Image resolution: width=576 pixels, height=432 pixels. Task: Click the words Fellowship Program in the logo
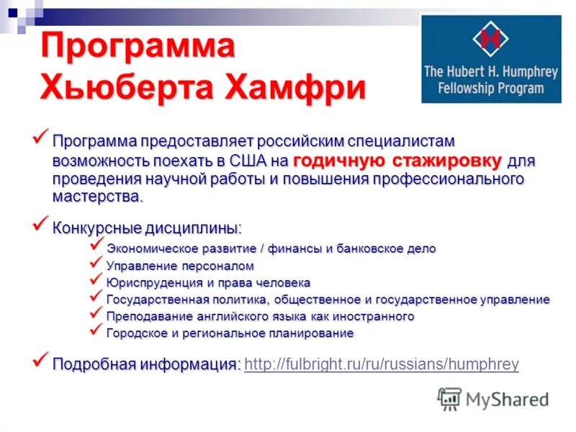tap(491, 89)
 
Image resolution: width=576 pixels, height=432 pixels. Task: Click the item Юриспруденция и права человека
tap(208, 283)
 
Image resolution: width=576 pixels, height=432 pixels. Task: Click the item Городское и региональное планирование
tap(230, 333)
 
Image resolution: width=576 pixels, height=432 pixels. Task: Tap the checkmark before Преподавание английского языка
tap(96, 314)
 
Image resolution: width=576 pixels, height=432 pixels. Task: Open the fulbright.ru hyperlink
tap(382, 364)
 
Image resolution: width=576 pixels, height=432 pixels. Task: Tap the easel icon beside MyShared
tap(449, 399)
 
